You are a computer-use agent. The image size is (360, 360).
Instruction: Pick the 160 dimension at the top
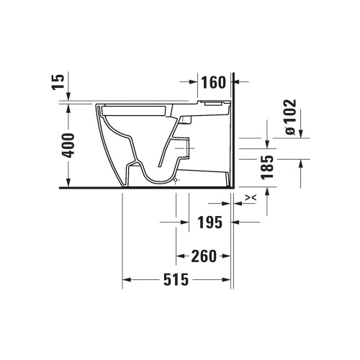pyautogui.click(x=212, y=83)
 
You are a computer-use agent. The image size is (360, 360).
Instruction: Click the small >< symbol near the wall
pyautogui.click(x=250, y=197)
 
